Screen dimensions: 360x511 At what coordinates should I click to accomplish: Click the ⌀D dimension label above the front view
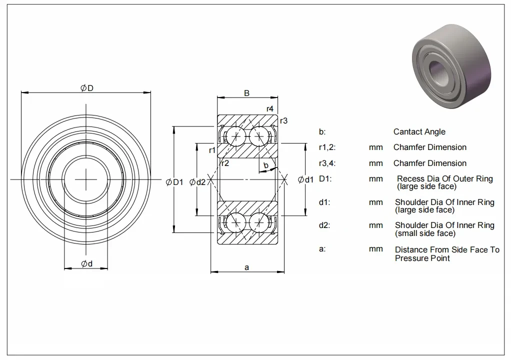(x=87, y=88)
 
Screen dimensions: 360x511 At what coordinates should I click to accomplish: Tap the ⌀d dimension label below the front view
(x=87, y=264)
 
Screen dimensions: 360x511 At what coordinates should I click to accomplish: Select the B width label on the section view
(x=246, y=93)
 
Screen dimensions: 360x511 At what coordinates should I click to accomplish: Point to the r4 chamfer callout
(x=270, y=108)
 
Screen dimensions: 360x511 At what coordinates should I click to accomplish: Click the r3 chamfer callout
(x=283, y=120)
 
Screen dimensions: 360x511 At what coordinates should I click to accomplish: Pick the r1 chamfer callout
(x=212, y=150)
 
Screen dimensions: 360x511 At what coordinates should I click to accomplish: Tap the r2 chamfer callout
(x=225, y=163)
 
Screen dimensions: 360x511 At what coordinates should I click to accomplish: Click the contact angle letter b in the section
(x=266, y=165)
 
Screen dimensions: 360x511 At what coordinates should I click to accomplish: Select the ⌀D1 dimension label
(x=175, y=182)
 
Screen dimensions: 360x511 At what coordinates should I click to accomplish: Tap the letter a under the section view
(x=246, y=267)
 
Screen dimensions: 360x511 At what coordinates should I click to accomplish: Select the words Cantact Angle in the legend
(x=419, y=132)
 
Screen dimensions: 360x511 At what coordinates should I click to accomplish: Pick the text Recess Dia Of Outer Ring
(x=444, y=178)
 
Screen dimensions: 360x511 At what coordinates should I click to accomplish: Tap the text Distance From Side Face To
(x=447, y=249)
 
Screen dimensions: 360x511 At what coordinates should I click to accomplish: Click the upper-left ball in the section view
(x=233, y=136)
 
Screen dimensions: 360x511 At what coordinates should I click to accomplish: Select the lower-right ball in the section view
(x=258, y=221)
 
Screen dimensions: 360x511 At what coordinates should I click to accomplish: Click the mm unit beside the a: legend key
(x=375, y=249)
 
